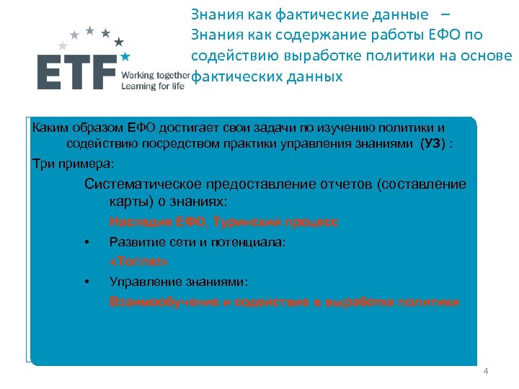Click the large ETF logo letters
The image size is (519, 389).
[x=77, y=72]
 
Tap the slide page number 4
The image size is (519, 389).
[x=485, y=371]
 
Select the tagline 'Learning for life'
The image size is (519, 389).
[x=153, y=86]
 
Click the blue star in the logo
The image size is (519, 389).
[x=125, y=55]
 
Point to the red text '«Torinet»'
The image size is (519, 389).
[x=138, y=261]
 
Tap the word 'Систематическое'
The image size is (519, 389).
[x=143, y=184]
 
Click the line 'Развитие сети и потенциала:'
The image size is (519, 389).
[x=198, y=242]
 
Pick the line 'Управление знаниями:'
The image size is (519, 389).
[x=178, y=281]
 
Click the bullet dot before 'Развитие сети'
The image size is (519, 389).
[x=86, y=242]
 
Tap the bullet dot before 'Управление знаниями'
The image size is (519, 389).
[x=86, y=281]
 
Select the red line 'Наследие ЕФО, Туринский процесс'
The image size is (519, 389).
[x=223, y=223]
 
